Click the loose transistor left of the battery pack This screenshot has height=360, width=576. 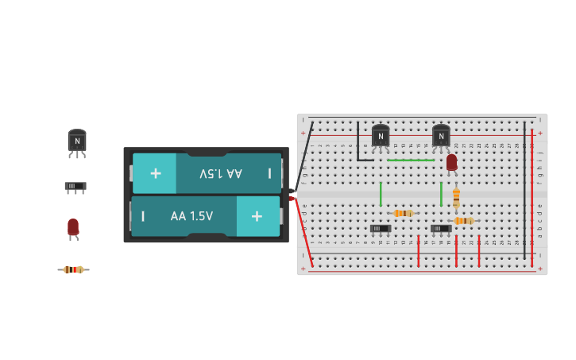pyautogui.click(x=77, y=141)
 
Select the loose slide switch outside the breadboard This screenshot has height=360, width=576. pyautogui.click(x=75, y=187)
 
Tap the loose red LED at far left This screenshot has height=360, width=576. pyautogui.click(x=73, y=227)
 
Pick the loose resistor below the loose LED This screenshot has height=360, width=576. pyautogui.click(x=73, y=269)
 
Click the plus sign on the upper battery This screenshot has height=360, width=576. pyautogui.click(x=156, y=173)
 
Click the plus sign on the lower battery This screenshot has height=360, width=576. pyautogui.click(x=256, y=216)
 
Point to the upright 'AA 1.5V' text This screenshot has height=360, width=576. pyautogui.click(x=191, y=216)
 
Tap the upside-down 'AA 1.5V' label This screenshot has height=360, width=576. pyautogui.click(x=221, y=173)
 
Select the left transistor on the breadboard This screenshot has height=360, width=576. pyautogui.click(x=381, y=136)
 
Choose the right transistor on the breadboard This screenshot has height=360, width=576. pyautogui.click(x=441, y=136)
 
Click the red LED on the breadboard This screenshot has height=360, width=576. pyautogui.click(x=451, y=162)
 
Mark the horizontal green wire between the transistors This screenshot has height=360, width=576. pyautogui.click(x=411, y=161)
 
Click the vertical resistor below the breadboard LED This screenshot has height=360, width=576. pyautogui.click(x=456, y=196)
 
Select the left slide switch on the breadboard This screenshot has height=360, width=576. pyautogui.click(x=381, y=229)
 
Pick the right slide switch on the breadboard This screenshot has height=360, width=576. pyautogui.click(x=441, y=229)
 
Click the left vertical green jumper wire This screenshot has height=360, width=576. pyautogui.click(x=381, y=193)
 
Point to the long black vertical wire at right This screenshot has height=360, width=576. pyautogui.click(x=524, y=191)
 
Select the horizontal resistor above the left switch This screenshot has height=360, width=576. pyautogui.click(x=403, y=213)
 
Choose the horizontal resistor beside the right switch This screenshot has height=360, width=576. pyautogui.click(x=463, y=221)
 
